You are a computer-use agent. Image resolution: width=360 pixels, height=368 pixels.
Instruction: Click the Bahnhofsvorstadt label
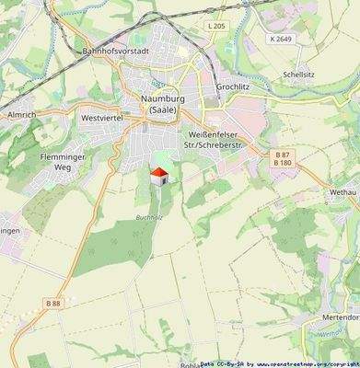116,52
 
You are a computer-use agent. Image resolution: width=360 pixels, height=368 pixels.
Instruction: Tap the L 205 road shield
216,26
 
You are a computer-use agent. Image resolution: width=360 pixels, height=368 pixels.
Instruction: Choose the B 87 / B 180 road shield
283,158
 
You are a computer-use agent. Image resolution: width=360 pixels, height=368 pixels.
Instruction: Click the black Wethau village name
342,193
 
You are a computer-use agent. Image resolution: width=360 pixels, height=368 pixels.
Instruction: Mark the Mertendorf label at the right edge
342,313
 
